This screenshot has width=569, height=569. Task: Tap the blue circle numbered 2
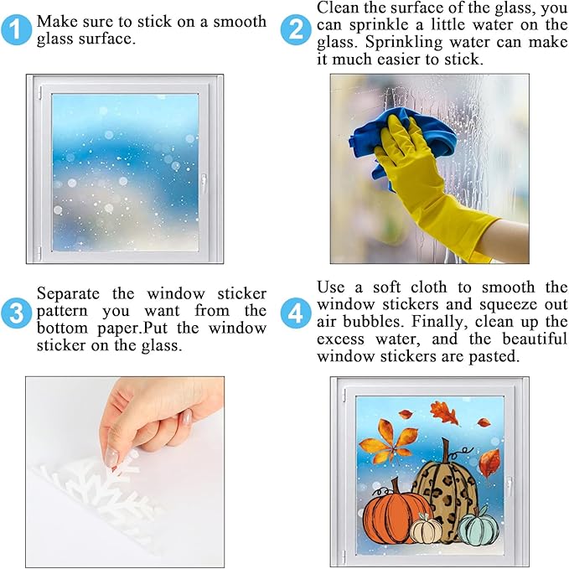[x=296, y=31]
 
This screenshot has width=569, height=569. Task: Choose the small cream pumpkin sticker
[x=428, y=530]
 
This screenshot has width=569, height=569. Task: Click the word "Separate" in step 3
[x=68, y=294]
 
